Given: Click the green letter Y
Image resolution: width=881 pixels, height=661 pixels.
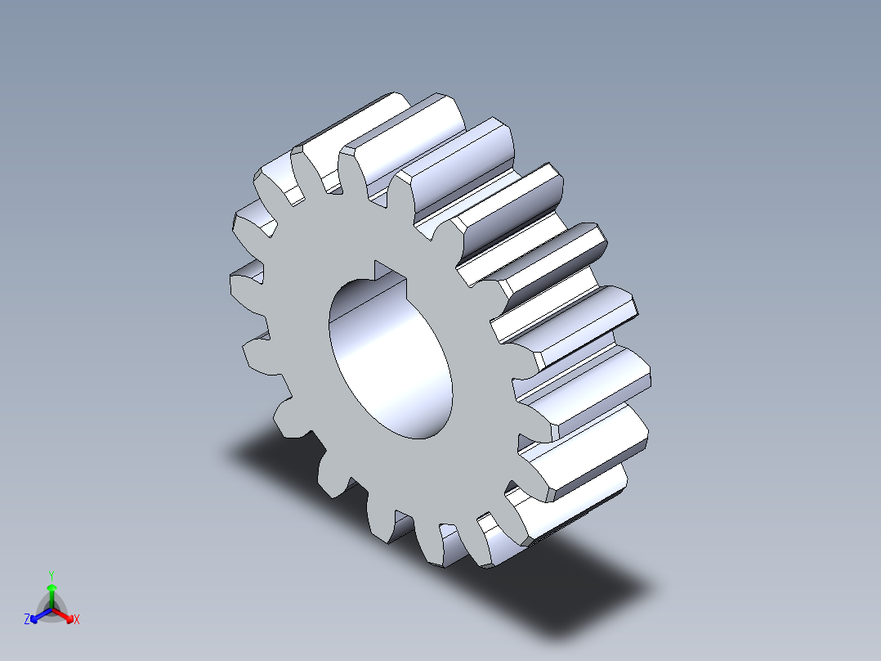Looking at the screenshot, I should (51, 575).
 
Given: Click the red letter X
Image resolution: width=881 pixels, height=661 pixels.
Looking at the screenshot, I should (76, 620).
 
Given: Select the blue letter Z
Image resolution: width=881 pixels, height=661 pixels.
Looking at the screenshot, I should (27, 620).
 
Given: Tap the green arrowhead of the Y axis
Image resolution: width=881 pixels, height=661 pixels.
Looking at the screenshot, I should (51, 588).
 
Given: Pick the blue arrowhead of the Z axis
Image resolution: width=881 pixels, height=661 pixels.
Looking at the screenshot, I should (35, 616).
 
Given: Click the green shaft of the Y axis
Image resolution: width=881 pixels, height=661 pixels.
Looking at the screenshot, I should (51, 600).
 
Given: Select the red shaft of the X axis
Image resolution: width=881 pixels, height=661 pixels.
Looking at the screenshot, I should (60, 613).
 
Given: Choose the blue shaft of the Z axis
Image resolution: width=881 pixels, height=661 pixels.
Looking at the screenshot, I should (42, 613).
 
